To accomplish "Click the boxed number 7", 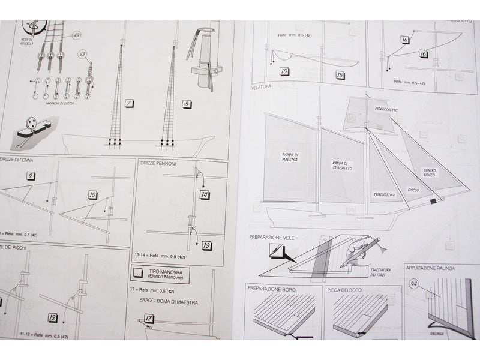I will point(130,103).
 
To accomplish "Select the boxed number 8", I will point(188,103).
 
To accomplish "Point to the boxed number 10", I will point(92,194).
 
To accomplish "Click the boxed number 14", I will point(205,194).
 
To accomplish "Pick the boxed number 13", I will point(206,245).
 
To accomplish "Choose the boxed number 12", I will point(53,317).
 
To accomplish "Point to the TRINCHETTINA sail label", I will point(383,194).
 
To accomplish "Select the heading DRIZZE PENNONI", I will point(158,163).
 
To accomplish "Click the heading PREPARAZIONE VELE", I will point(274,237).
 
